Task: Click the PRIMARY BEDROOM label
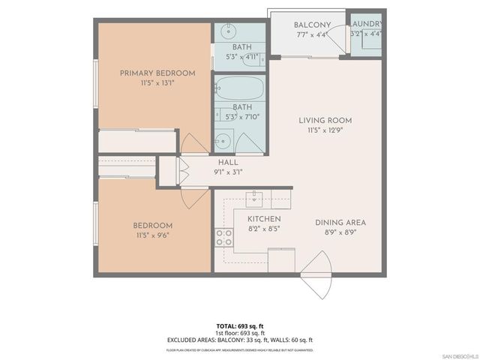157,73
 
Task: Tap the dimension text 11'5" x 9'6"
153,235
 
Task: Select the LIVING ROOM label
325,121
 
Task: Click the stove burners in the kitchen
223,238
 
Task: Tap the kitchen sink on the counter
255,197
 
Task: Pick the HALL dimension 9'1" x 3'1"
228,172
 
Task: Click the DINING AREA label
340,223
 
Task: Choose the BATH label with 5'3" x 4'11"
241,47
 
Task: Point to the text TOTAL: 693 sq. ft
240,326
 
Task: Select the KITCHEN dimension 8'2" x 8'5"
264,229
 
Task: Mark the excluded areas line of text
240,340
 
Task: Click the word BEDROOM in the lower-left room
153,226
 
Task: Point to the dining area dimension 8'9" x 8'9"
340,233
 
